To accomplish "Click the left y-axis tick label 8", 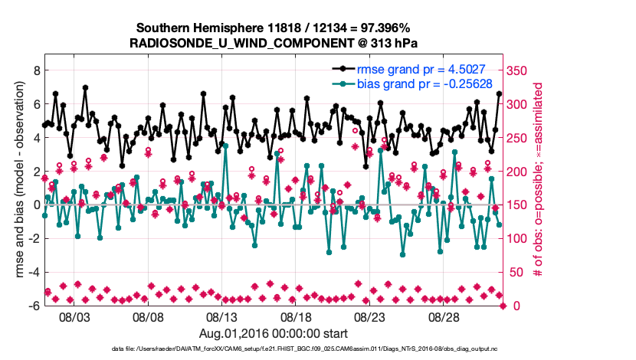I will coord(36,70).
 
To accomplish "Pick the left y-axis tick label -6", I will coord(34,306).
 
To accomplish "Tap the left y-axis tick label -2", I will coord(34,238).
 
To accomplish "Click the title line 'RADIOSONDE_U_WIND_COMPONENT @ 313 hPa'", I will coord(274,43).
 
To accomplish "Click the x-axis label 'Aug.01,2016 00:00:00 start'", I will coord(274,333).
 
